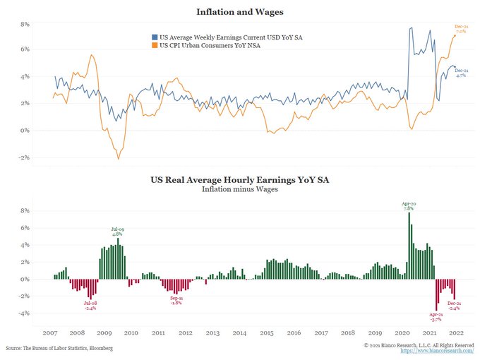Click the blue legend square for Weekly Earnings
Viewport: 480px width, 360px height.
pyautogui.click(x=155, y=36)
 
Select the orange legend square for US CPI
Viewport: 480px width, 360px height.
pyautogui.click(x=155, y=45)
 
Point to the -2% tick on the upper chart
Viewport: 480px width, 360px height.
pyautogui.click(x=23, y=157)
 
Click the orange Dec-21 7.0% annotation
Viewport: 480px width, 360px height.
pyautogui.click(x=460, y=29)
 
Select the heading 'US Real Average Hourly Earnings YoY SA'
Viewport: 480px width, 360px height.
pyautogui.click(x=239, y=181)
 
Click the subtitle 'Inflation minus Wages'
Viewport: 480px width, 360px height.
pyautogui.click(x=239, y=190)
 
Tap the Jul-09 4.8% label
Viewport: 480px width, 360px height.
pyautogui.click(x=119, y=231)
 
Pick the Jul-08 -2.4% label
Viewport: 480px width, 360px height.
pyautogui.click(x=90, y=306)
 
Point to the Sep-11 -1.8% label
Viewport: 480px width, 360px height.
pyautogui.click(x=177, y=300)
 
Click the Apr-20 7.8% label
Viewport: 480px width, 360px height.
pyautogui.click(x=409, y=205)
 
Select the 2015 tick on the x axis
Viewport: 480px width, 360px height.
pyautogui.click(x=266, y=332)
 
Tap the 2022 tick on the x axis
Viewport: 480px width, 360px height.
pyautogui.click(x=456, y=332)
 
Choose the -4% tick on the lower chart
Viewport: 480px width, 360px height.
pyautogui.click(x=23, y=313)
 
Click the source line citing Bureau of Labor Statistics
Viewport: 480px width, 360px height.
pyautogui.click(x=59, y=349)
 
